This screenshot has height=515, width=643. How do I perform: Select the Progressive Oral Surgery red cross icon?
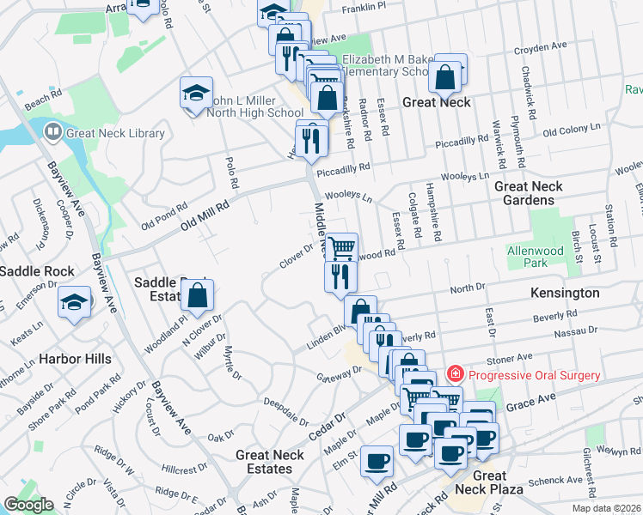[x=454, y=375]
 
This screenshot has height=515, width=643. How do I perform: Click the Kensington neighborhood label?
[x=566, y=293]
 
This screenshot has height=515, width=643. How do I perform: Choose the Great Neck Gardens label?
[x=529, y=193]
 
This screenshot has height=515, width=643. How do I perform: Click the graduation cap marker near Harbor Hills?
[x=74, y=302]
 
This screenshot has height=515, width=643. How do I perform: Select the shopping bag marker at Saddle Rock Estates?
[x=198, y=296]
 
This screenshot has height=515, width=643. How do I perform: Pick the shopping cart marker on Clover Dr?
[x=341, y=248]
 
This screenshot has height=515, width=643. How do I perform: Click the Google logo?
[x=28, y=505]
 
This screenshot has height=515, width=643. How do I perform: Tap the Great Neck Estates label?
[x=270, y=462]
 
